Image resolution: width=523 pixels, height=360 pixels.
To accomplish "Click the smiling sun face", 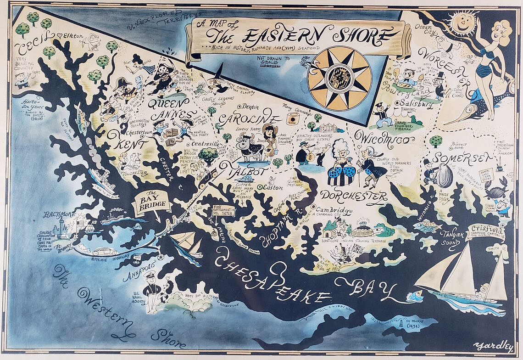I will pyautogui.click(x=462, y=21).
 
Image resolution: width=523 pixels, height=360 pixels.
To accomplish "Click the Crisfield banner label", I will pyautogui.click(x=485, y=231).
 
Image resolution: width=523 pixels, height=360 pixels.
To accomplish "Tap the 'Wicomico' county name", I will pyautogui.click(x=378, y=137).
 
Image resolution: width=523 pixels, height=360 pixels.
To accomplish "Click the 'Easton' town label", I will pyautogui.click(x=273, y=187).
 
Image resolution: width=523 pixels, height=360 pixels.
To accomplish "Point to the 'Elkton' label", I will pyautogui.click(x=73, y=35).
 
